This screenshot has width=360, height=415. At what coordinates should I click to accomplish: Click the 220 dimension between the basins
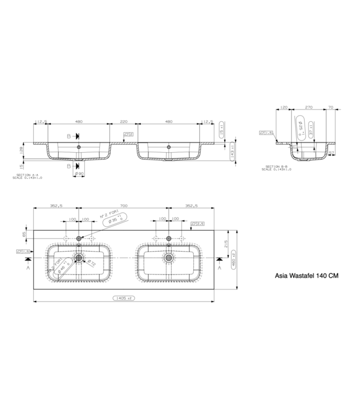[124, 121]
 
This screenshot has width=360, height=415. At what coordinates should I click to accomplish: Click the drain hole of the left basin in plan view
[79, 258]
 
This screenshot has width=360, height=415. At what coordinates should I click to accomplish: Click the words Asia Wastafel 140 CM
[306, 275]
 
